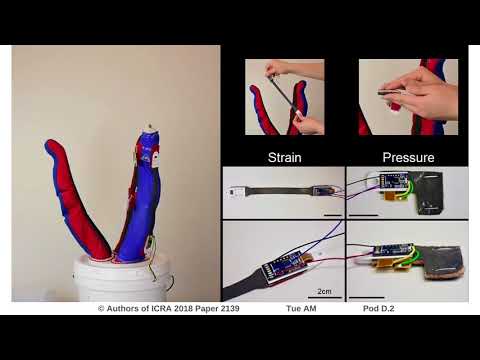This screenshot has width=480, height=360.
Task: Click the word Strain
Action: [284, 157]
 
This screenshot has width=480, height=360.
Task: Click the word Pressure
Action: [408, 157]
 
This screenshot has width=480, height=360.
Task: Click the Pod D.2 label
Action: [379, 310]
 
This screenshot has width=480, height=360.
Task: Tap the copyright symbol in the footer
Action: [101, 310]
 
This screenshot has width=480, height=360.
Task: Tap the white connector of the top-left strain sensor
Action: [240, 186]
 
